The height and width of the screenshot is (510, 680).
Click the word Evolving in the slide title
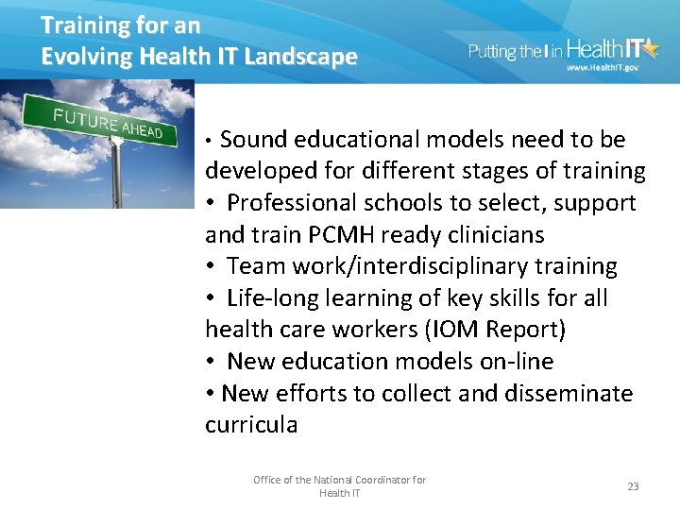click(x=86, y=57)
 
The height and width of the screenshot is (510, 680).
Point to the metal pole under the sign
click(x=115, y=175)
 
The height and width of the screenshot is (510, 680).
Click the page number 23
click(x=633, y=486)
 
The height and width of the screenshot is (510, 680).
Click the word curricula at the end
click(x=250, y=425)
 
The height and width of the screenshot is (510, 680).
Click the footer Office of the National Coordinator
click(x=339, y=480)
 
